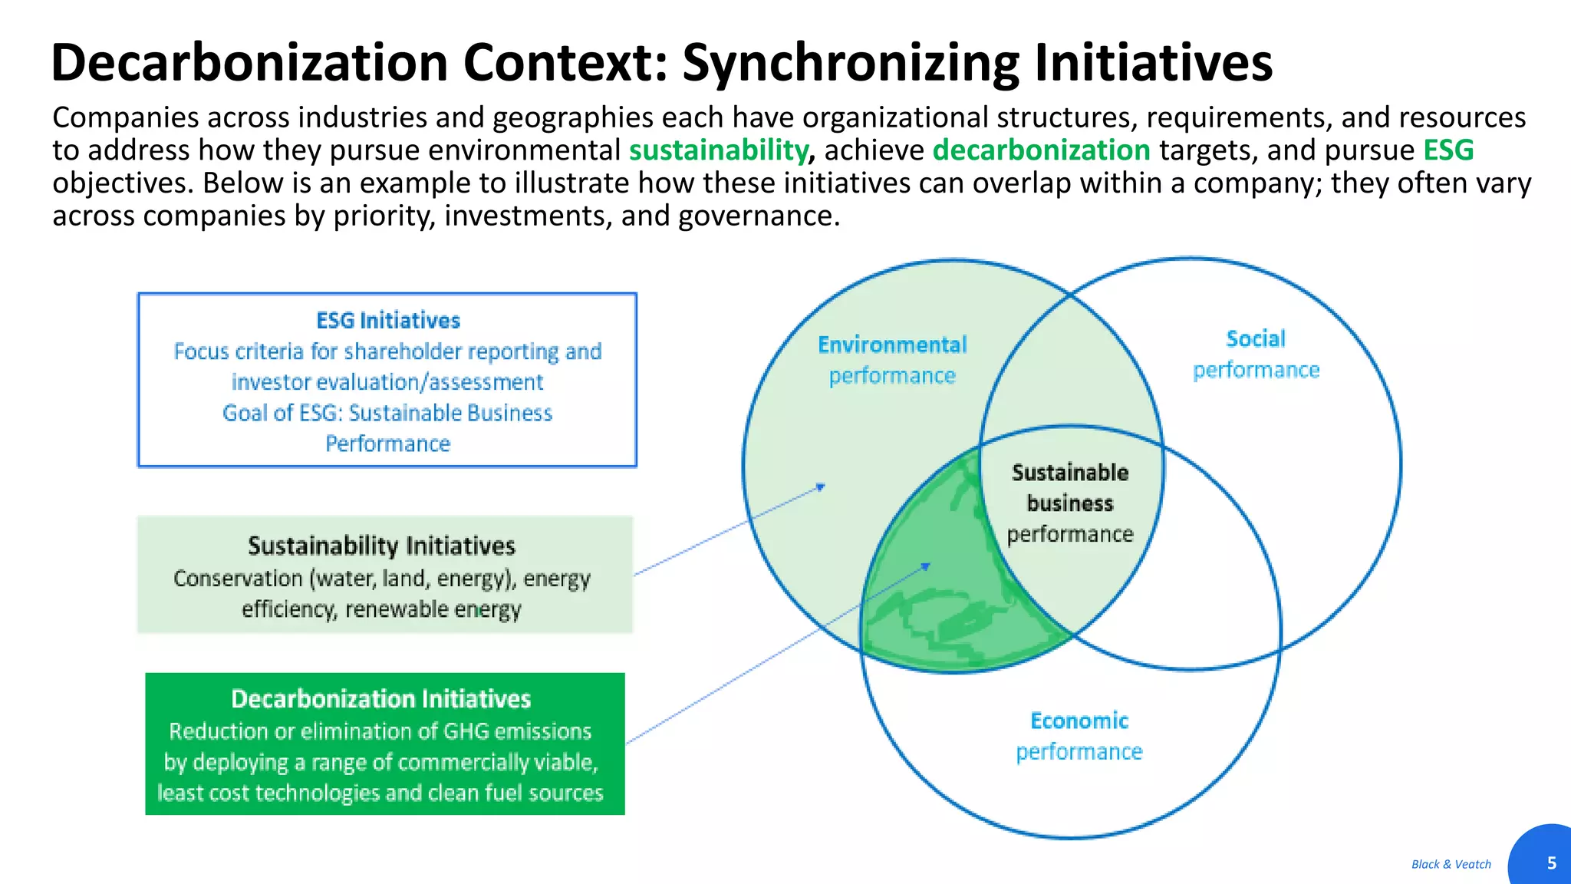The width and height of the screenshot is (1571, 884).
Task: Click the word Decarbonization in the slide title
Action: pos(249,63)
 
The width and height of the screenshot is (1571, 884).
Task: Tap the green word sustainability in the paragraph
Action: pos(718,150)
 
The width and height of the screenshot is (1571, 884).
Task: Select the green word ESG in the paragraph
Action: pos(1448,150)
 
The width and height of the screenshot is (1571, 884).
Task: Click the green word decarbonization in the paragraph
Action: pos(1041,150)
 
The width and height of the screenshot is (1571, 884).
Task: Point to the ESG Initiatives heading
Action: pos(388,320)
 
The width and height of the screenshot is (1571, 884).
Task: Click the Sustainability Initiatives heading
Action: pos(381,546)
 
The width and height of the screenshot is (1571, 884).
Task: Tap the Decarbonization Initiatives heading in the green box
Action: pos(381,699)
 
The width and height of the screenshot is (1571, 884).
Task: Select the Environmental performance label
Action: pos(892,360)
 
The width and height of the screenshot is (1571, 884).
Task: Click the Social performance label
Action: pos(1256,354)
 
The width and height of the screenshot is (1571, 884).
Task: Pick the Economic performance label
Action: pos(1079,736)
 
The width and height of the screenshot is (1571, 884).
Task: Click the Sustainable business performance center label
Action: pos(1070,503)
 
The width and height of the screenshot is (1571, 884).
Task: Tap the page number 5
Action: pos(1551,863)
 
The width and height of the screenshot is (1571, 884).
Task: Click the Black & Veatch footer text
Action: pos(1451,864)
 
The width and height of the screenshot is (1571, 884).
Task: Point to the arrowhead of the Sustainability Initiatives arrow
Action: pos(822,487)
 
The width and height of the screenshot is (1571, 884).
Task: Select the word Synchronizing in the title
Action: pos(851,63)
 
